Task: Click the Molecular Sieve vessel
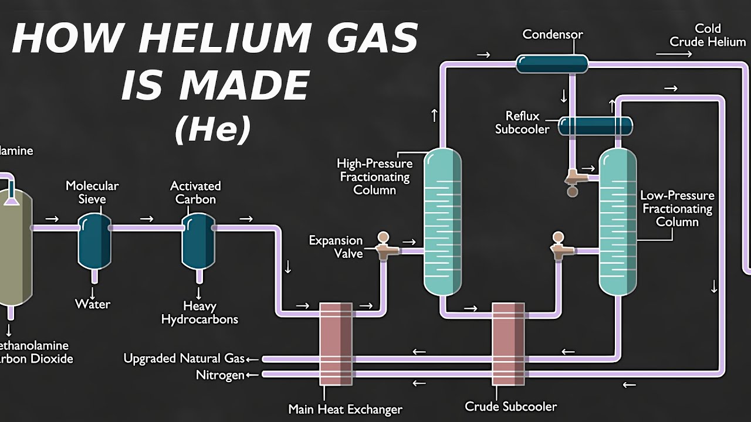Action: (94, 240)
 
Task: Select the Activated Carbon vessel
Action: (198, 240)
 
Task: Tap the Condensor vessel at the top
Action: (552, 63)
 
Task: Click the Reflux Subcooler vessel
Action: (595, 125)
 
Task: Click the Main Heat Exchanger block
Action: (336, 343)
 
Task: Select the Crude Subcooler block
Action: (508, 343)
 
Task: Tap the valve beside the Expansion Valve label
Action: (385, 246)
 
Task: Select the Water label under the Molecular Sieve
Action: (93, 304)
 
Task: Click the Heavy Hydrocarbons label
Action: (199, 313)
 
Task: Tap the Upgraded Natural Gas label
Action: (184, 358)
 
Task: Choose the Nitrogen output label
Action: (220, 375)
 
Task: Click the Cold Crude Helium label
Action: (708, 35)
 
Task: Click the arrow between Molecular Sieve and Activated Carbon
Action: (147, 219)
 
